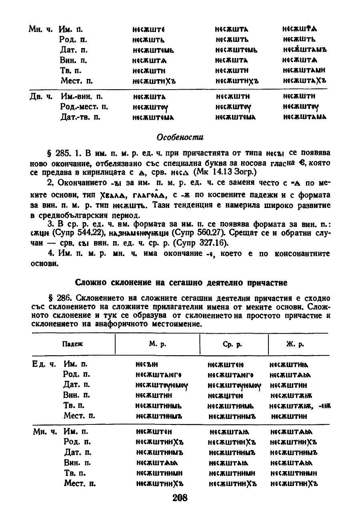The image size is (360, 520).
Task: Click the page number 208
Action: pos(180,498)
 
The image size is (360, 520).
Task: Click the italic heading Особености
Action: pos(180,137)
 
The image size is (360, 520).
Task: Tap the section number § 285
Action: pos(58,154)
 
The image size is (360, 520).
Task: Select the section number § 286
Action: pos(58,298)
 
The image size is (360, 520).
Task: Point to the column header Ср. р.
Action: pos(234,344)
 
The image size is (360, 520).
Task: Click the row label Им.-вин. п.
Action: pos(82,96)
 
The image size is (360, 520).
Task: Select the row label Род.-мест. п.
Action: pos(84,107)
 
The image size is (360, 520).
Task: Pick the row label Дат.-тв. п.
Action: pos(80,117)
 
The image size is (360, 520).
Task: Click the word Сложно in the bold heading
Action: pos(88,283)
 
